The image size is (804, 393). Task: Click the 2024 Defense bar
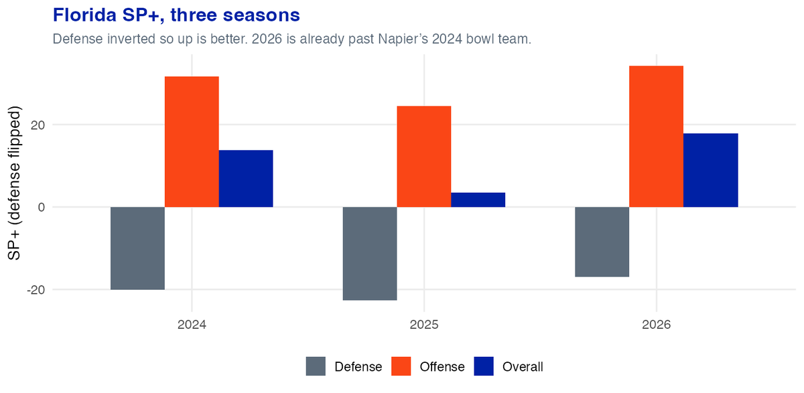pyautogui.click(x=137, y=248)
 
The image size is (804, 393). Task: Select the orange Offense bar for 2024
pyautogui.click(x=192, y=142)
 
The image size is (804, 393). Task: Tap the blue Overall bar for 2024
pyautogui.click(x=246, y=179)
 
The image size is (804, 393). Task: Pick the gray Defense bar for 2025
pyautogui.click(x=370, y=254)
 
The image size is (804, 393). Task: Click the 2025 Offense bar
pyautogui.click(x=424, y=157)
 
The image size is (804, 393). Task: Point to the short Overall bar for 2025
pyautogui.click(x=478, y=200)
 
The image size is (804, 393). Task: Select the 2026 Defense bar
pyautogui.click(x=602, y=242)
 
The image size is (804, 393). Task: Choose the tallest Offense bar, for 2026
pyautogui.click(x=656, y=137)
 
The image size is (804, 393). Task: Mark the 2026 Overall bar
pyautogui.click(x=711, y=170)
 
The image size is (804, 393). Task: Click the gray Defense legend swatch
pyautogui.click(x=316, y=366)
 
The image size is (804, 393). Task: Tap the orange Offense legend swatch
pyautogui.click(x=401, y=366)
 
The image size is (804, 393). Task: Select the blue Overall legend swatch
pyautogui.click(x=484, y=366)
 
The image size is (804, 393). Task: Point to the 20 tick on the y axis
pyautogui.click(x=38, y=125)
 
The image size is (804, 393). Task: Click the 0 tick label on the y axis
pyautogui.click(x=42, y=208)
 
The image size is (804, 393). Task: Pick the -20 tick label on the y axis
pyautogui.click(x=36, y=290)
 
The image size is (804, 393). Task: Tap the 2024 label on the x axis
pyautogui.click(x=192, y=325)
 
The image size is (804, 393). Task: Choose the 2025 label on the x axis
pyautogui.click(x=424, y=325)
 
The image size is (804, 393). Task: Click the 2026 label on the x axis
pyautogui.click(x=656, y=325)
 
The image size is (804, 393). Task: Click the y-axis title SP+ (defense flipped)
pyautogui.click(x=14, y=183)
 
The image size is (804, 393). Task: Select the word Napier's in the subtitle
pyautogui.click(x=403, y=39)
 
